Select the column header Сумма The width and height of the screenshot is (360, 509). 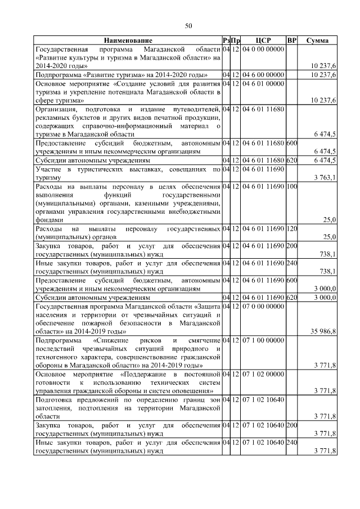318,41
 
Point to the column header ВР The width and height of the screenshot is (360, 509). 291,41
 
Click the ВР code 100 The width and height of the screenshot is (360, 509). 291,187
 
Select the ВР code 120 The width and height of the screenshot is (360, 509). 291,229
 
